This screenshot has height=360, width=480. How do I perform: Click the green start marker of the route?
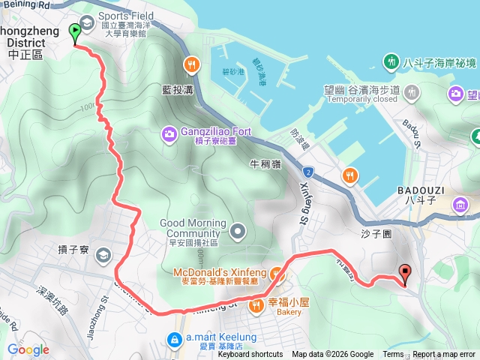75,32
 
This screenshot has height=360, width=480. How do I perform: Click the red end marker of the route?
406,274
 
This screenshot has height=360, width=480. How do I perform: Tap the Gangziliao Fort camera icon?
168,133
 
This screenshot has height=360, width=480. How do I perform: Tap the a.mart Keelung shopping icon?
175,340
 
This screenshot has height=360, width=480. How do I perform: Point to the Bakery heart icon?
257,303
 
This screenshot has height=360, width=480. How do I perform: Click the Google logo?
28,349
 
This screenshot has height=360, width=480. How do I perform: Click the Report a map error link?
444,355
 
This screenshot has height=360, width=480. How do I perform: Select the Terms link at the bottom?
393,355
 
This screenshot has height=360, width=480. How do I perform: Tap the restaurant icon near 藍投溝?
193,64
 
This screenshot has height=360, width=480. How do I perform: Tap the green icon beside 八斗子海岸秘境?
390,60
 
